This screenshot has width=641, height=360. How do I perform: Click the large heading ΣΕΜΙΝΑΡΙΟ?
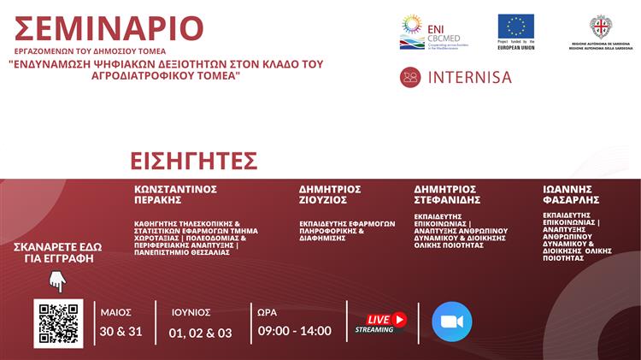109,29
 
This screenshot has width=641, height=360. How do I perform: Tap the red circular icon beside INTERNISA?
410,77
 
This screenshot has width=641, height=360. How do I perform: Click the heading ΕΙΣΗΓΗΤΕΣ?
194,161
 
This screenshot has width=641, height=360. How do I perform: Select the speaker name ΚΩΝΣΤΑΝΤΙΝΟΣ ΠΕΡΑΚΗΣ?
175,194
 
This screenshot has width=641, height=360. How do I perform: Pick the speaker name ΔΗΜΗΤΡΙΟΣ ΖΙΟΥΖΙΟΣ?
330,194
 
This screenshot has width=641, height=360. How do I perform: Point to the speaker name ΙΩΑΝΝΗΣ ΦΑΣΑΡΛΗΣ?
572,194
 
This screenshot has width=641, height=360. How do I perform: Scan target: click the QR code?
58,323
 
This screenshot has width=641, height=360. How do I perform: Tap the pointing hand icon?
57,280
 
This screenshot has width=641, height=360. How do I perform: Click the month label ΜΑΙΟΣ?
115,312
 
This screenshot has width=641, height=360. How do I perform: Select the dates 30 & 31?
121,331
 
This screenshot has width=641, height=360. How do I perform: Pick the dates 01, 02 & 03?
200,332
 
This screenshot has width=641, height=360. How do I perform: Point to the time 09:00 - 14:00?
294,331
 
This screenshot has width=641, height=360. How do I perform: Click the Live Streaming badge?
381,322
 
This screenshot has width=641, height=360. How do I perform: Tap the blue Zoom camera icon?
451,322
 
